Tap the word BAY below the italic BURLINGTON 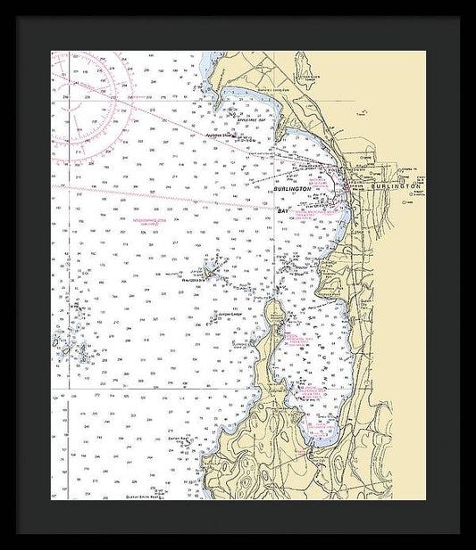click(x=284, y=210)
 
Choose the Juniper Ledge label click(x=231, y=315)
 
